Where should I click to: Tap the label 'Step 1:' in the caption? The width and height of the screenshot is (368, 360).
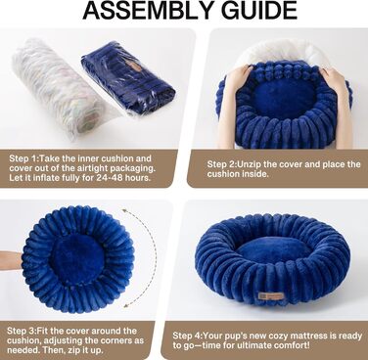[24, 158]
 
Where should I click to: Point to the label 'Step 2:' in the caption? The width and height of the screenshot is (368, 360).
[222, 164]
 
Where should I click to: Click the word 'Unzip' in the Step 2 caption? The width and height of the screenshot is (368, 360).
[250, 164]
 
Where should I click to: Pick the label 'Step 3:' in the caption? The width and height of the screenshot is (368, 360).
[22, 331]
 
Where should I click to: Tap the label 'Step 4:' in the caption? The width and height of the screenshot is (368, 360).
[188, 336]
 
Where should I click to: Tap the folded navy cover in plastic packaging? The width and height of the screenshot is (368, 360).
[128, 80]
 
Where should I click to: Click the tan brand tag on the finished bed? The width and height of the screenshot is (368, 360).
[271, 295]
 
